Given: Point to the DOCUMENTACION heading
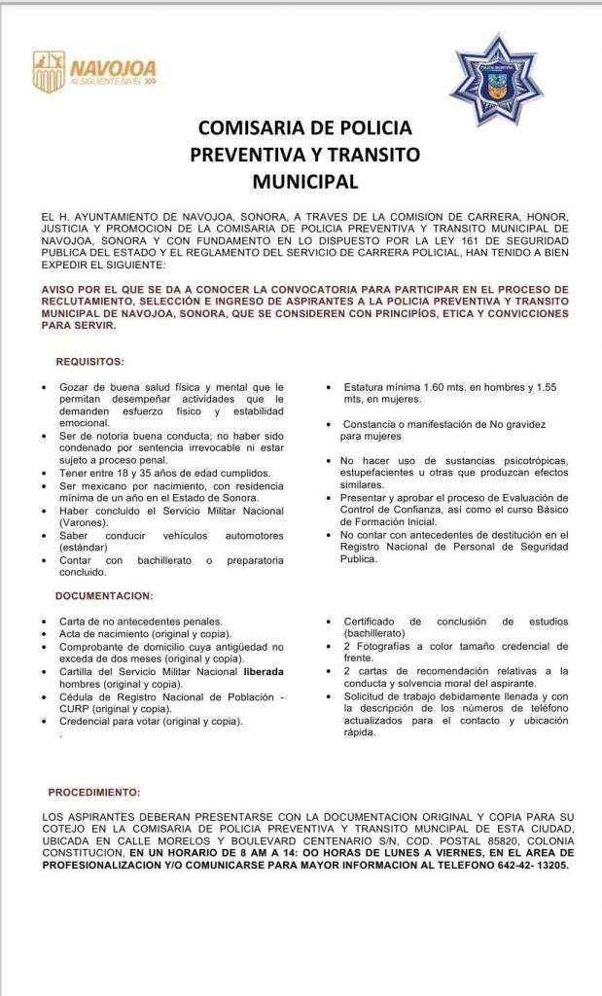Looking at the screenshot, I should pos(104,595).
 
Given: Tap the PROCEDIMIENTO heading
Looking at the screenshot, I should pos(93,792).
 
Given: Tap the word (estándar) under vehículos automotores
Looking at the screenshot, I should pos(84,548).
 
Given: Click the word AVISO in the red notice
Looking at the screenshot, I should pos(63,290).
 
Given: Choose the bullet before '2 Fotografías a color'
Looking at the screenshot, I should pos(330,646).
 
